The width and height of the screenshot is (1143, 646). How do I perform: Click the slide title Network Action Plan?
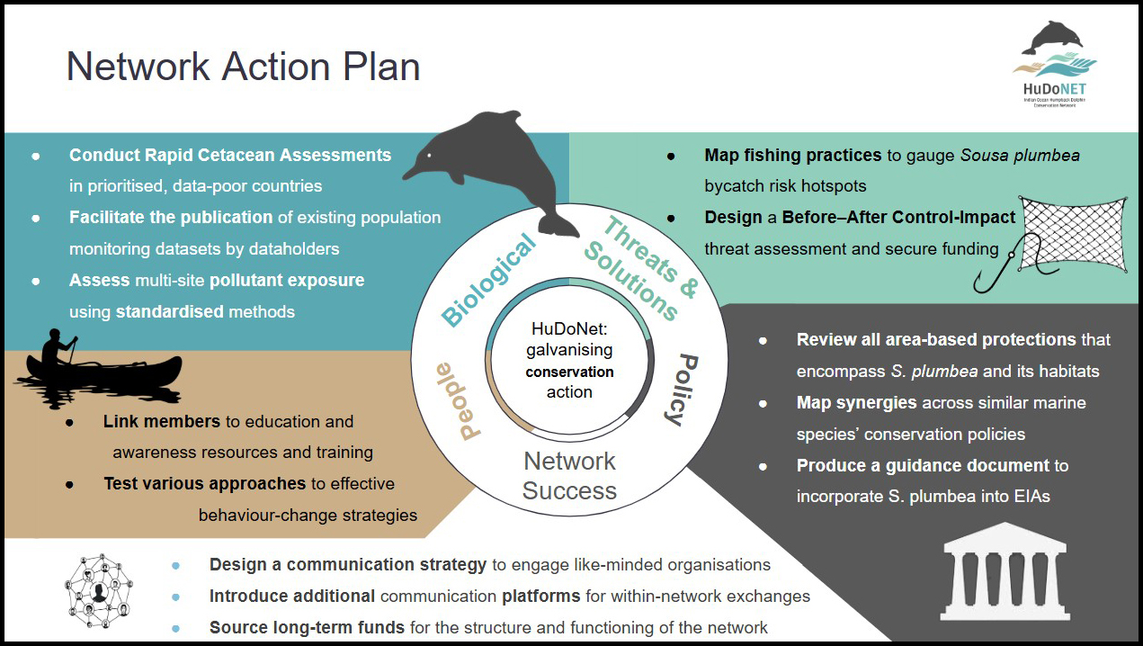243,67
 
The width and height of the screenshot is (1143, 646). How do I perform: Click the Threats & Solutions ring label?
641,269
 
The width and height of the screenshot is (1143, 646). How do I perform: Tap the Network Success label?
570,476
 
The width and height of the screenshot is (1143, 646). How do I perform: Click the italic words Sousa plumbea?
1020,156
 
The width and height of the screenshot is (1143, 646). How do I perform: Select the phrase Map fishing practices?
792,156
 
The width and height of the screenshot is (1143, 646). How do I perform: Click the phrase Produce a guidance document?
923,466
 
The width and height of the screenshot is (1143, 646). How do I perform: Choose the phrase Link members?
162,421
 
